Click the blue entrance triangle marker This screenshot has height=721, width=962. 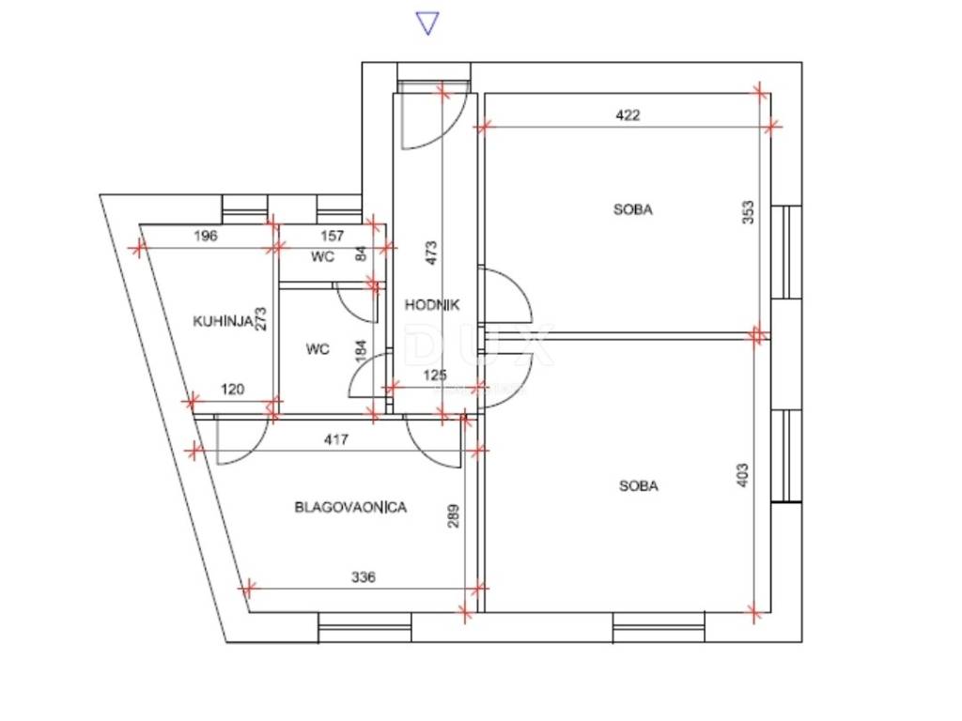(427, 23)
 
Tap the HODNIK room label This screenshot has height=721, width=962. (432, 305)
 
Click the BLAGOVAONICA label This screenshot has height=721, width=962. (350, 508)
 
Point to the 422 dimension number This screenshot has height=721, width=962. (628, 115)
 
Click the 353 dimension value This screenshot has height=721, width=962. (748, 212)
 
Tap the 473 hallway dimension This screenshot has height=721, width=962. (431, 253)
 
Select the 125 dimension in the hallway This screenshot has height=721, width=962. (435, 375)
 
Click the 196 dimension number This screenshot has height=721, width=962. (206, 236)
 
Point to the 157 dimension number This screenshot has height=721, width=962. (333, 236)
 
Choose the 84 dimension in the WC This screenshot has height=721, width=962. (362, 253)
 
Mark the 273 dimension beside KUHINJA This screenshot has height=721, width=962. (261, 319)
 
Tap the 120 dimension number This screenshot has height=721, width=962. (233, 390)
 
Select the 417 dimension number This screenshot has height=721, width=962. (336, 439)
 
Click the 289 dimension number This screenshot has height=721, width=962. (454, 516)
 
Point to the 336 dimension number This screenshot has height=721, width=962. (364, 577)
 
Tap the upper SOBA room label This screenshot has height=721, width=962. (633, 209)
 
